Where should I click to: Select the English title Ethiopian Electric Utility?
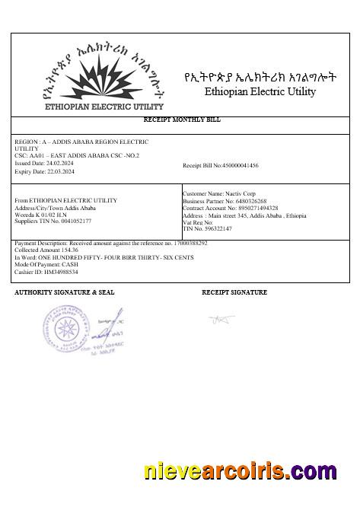pos(260,92)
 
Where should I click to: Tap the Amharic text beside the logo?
pos(260,78)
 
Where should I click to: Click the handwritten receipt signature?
pos(222,319)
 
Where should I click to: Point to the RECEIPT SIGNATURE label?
pos(234,292)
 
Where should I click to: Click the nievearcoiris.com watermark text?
pos(240,472)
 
